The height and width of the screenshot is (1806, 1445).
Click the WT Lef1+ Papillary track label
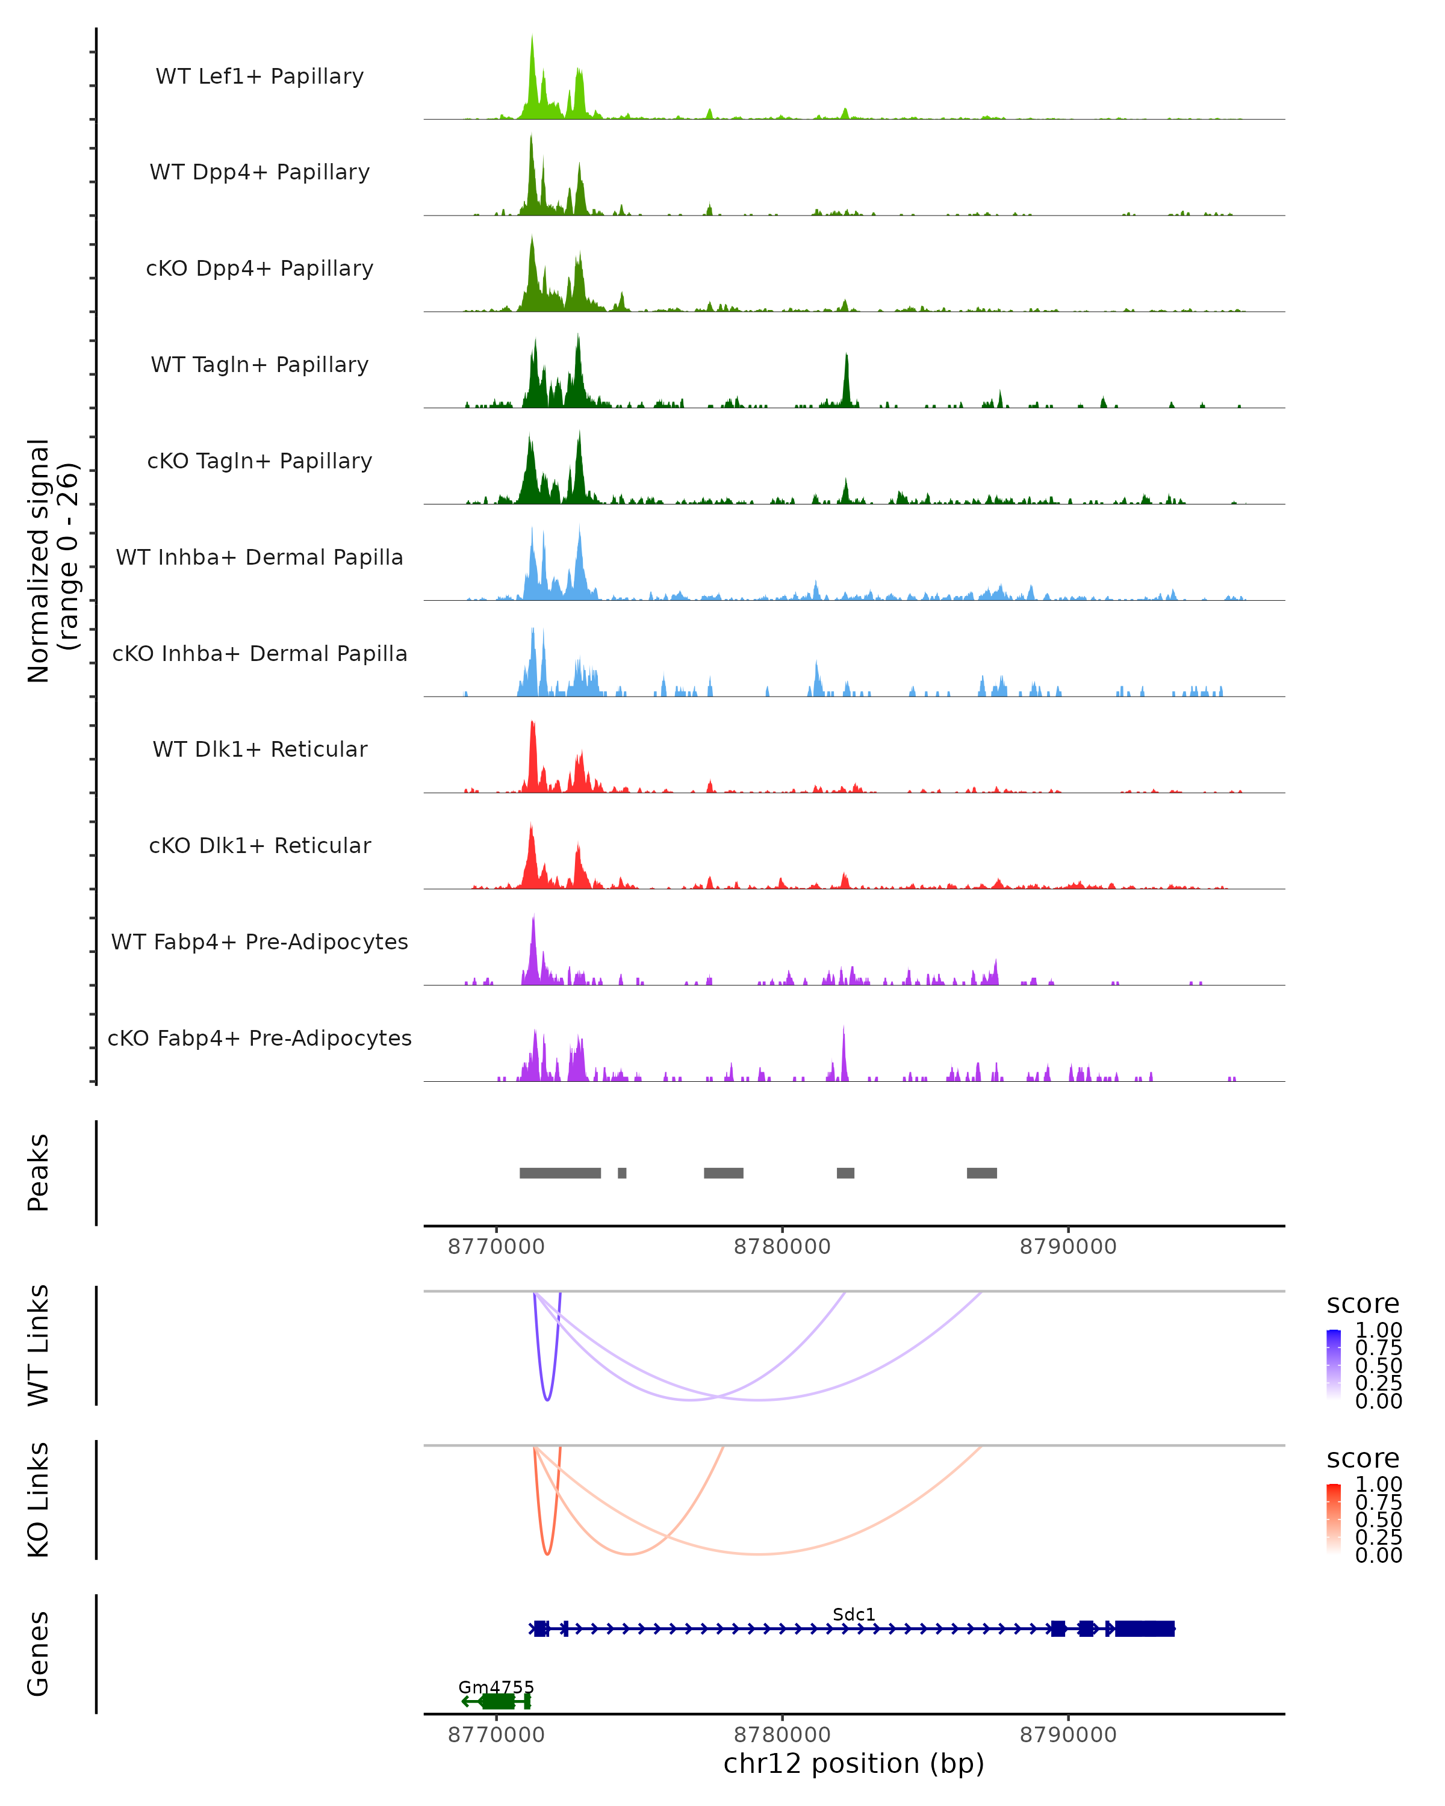[259, 76]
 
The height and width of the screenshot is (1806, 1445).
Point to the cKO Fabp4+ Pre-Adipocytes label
[259, 1038]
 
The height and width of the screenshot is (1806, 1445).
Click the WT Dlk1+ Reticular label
[259, 749]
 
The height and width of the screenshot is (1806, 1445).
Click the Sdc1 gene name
[854, 1614]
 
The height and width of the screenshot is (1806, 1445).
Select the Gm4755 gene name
[496, 1687]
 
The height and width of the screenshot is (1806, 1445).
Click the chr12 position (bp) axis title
[854, 1763]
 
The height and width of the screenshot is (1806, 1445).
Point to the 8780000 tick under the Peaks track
[782, 1247]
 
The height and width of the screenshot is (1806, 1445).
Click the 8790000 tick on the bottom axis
[1068, 1735]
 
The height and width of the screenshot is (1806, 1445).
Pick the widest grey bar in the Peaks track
[559, 1173]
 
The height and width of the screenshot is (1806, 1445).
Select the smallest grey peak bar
[621, 1173]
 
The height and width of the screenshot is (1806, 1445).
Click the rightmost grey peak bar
[982, 1173]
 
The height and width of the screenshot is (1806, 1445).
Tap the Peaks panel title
[38, 1173]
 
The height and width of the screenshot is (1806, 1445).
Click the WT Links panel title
[38, 1345]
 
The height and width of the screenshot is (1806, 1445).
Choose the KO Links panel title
[38, 1500]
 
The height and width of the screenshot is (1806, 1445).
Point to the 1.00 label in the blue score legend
[1379, 1330]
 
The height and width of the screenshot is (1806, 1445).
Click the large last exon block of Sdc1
[1145, 1628]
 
